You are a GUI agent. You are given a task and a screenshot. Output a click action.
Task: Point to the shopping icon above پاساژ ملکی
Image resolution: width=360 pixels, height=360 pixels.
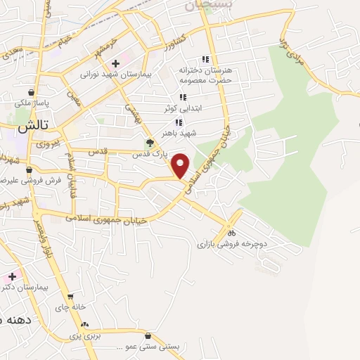click(x=32, y=92)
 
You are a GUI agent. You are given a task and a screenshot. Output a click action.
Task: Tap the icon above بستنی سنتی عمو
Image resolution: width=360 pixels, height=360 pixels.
click(x=148, y=336)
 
